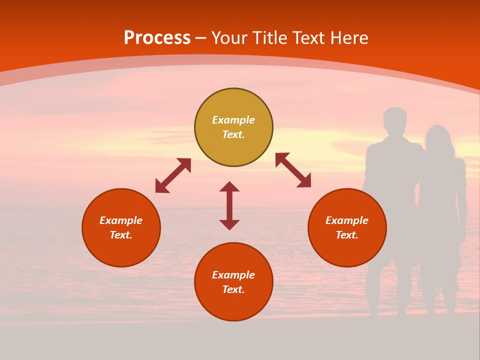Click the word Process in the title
(157, 38)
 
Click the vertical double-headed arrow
(229, 205)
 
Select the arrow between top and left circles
(173, 175)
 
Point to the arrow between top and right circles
(293, 170)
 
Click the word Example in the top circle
(233, 120)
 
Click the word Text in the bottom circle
(233, 289)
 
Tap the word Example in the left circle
(121, 220)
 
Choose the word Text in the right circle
(346, 235)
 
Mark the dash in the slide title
(201, 38)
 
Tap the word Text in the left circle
(120, 235)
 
